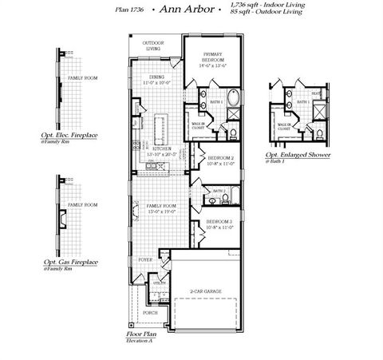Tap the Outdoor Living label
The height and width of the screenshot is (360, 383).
point(152,45)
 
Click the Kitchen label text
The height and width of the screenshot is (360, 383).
point(162,148)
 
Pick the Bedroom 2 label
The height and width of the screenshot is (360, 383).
point(219,158)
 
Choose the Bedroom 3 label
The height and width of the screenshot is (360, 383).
point(219,221)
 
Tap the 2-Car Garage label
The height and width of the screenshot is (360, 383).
point(206,291)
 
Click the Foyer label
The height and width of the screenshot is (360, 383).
point(145,260)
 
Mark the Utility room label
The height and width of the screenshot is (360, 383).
point(159,283)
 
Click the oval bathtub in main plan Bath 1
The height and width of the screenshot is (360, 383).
point(232,100)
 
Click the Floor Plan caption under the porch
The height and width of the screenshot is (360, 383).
point(140,334)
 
